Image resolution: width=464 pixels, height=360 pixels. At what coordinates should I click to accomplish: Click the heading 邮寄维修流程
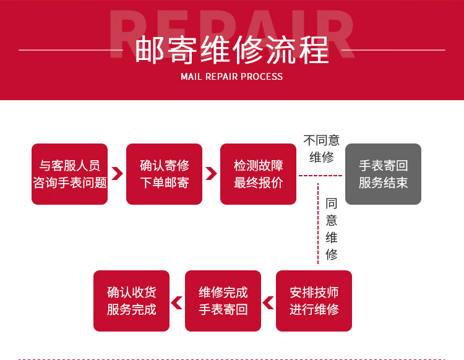pyautogui.click(x=231, y=49)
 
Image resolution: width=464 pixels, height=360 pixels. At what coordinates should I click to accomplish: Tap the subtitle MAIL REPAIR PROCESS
pyautogui.click(x=231, y=77)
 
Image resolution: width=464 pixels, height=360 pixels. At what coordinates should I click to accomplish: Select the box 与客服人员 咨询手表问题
pyautogui.click(x=69, y=174)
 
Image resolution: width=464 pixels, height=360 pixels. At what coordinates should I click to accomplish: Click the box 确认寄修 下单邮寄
pyautogui.click(x=164, y=174)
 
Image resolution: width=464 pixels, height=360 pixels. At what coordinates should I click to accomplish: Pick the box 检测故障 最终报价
pyautogui.click(x=258, y=174)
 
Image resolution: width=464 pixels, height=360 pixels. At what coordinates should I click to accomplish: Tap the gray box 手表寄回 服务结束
pyautogui.click(x=383, y=174)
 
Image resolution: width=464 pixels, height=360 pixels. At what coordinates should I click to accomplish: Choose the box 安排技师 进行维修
pyautogui.click(x=314, y=301)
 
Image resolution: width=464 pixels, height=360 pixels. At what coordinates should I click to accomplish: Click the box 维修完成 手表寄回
pyautogui.click(x=223, y=301)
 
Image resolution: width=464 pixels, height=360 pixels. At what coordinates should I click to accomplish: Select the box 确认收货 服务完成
pyautogui.click(x=131, y=301)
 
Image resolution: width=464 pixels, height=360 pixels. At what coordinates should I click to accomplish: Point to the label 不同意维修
pyautogui.click(x=321, y=148)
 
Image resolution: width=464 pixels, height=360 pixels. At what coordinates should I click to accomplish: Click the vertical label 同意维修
pyautogui.click(x=332, y=228)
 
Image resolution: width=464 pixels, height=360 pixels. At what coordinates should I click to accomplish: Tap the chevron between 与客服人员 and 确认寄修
pyautogui.click(x=117, y=174)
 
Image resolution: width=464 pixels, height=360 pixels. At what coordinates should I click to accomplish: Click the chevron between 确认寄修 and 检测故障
pyautogui.click(x=211, y=174)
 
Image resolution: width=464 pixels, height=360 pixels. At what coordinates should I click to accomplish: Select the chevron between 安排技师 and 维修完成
pyautogui.click(x=269, y=302)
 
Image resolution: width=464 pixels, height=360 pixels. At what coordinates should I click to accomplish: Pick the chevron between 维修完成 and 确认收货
pyautogui.click(x=177, y=302)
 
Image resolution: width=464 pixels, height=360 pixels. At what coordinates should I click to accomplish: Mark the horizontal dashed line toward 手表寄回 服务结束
pyautogui.click(x=320, y=176)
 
